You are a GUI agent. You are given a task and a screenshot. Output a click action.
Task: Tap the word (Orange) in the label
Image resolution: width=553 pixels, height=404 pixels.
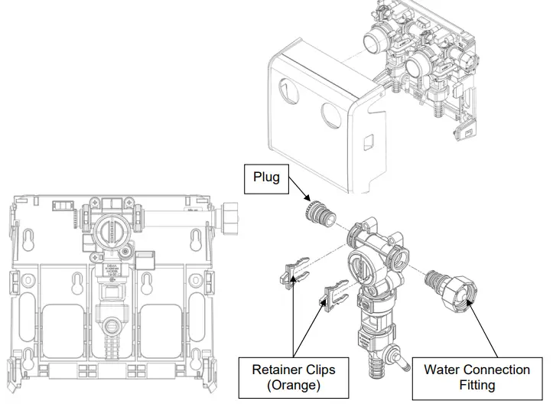[x=293, y=386]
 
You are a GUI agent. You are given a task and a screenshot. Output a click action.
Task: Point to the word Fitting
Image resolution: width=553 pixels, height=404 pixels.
[x=477, y=386]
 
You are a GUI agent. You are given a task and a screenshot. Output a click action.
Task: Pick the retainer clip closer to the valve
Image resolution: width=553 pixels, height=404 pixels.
[x=334, y=295]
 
